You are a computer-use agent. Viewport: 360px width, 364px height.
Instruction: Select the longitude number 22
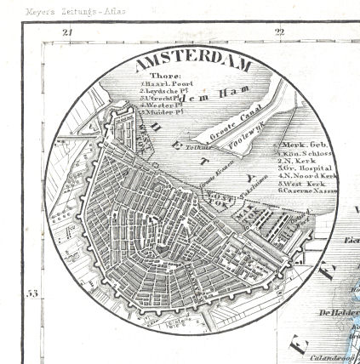279,31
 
